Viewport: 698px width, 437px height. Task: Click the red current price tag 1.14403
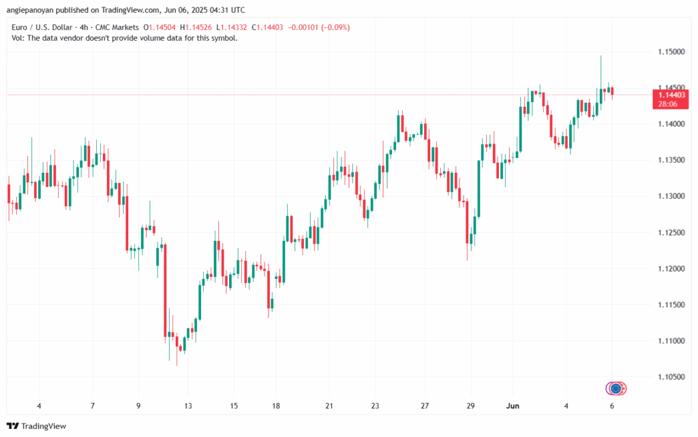[x=671, y=96]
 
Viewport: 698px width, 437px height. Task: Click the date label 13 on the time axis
[x=188, y=406]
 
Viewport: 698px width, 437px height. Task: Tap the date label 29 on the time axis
[x=470, y=406]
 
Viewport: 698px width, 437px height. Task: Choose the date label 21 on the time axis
[x=329, y=406]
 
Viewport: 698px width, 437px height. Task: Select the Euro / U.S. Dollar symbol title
[x=46, y=27]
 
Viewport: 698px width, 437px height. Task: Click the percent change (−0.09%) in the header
[x=336, y=27]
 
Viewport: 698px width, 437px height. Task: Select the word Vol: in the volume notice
[x=19, y=38]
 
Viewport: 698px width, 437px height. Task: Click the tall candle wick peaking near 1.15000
[x=601, y=68]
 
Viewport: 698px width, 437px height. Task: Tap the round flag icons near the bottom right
[x=616, y=388]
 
